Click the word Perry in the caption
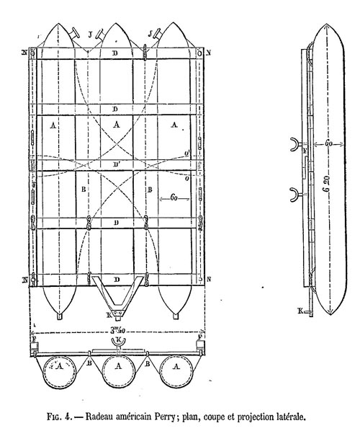tap(164, 417)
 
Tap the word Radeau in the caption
tap(98, 417)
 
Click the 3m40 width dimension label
tap(118, 330)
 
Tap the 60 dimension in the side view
tap(329, 143)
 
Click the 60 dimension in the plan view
tap(174, 197)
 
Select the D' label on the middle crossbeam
tap(117, 164)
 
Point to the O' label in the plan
tap(188, 154)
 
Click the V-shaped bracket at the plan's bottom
tap(117, 296)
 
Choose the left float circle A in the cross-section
tap(59, 373)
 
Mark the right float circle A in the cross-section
tap(177, 373)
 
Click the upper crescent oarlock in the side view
tap(294, 144)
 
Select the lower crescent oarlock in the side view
tap(294, 195)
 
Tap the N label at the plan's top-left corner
tap(24, 52)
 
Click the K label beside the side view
tap(300, 311)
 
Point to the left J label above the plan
tap(90, 35)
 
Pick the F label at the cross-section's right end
tap(200, 337)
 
